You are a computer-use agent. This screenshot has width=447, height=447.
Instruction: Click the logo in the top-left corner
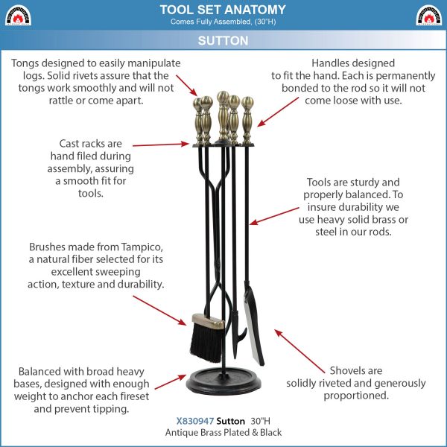(18, 16)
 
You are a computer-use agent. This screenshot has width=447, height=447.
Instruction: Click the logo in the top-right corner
(429, 16)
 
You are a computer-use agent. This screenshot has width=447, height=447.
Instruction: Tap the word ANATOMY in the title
(255, 10)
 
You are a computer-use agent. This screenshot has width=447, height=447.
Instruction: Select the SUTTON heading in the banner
(223, 41)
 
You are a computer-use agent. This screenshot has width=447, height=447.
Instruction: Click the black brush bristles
(206, 342)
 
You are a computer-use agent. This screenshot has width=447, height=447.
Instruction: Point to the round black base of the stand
(223, 382)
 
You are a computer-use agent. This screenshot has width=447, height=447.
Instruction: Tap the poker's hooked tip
(242, 334)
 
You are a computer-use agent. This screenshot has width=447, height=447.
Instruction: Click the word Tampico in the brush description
(142, 247)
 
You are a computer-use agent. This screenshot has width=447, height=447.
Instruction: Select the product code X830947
(195, 421)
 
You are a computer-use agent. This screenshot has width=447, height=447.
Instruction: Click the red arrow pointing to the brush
(159, 311)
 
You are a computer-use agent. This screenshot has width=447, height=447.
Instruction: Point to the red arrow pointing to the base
(171, 382)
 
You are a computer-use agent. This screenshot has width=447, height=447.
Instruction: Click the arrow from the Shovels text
(299, 351)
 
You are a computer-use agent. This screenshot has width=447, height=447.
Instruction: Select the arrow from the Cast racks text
(161, 145)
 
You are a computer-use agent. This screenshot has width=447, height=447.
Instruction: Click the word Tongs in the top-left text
(25, 63)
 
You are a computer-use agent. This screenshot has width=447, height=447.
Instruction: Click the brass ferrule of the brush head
(208, 320)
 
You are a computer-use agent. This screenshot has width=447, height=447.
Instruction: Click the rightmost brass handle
(247, 120)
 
